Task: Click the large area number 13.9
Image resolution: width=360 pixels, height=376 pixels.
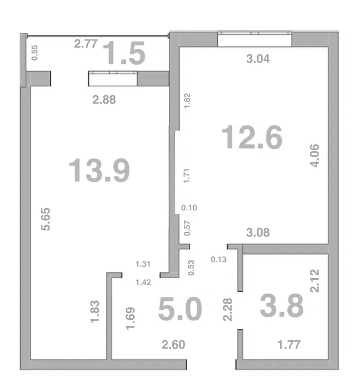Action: click(99, 170)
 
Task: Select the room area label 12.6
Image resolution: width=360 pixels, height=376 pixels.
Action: click(252, 137)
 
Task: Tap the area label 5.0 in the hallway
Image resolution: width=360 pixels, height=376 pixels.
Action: click(180, 309)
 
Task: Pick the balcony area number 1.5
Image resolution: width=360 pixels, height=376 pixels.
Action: click(124, 53)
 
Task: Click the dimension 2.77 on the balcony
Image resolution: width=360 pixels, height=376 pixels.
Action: click(86, 44)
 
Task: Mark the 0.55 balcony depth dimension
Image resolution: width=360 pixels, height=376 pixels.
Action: click(35, 53)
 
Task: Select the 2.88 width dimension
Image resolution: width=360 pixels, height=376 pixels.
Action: click(104, 100)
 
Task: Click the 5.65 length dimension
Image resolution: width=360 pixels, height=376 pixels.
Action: click(45, 219)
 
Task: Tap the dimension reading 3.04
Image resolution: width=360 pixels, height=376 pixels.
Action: click(258, 59)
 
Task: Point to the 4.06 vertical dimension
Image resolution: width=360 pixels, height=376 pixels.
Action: click(315, 156)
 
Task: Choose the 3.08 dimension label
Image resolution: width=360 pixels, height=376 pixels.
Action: click(258, 233)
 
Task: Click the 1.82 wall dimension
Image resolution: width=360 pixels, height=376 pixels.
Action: click(187, 101)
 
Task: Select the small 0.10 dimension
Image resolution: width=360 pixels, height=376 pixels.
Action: click(189, 208)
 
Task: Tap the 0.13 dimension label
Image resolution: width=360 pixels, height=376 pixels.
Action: click(218, 259)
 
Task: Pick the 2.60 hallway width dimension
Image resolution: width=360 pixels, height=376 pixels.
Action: click(173, 345)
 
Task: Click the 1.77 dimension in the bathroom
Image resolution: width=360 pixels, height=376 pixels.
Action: click(289, 345)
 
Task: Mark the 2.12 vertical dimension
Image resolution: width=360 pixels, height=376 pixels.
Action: click(315, 281)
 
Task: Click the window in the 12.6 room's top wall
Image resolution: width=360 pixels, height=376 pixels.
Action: click(255, 39)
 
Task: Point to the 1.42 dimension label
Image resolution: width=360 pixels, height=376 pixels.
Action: click(143, 282)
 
